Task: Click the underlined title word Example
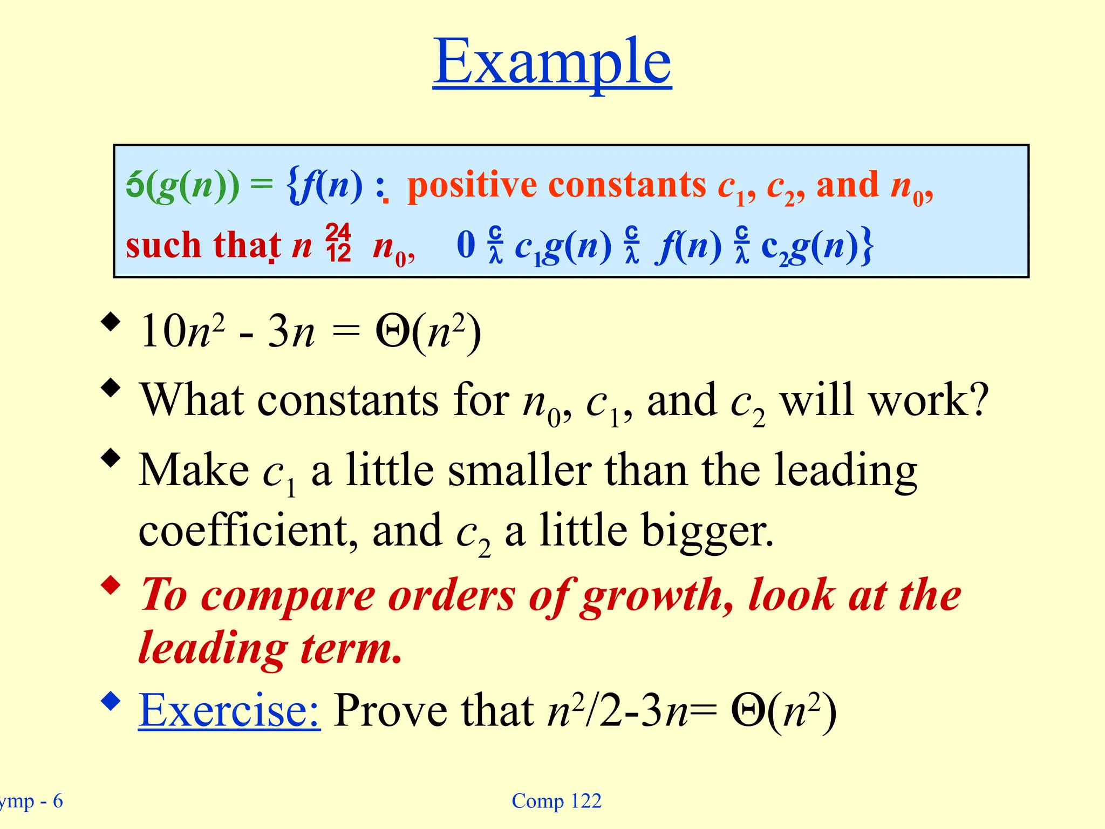552,62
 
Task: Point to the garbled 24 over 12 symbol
338,243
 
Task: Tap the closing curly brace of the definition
867,246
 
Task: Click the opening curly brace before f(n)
294,186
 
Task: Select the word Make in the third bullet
193,470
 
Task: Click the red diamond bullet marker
111,586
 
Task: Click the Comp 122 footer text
556,801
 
